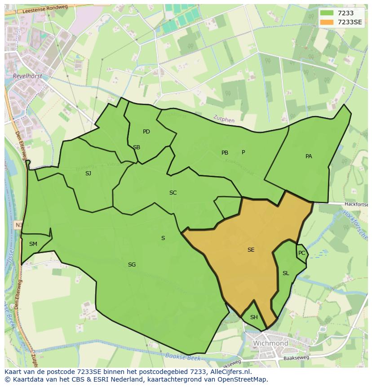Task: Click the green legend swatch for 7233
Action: (327, 13)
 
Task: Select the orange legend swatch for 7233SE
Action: (327, 22)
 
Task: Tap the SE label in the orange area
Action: (251, 250)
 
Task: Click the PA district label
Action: (309, 156)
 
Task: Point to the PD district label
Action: (146, 132)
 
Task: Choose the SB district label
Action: (137, 147)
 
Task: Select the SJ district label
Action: (88, 173)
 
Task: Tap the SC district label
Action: (173, 193)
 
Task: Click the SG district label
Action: (132, 265)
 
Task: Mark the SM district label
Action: (33, 244)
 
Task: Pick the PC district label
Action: (301, 253)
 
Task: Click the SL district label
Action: (286, 273)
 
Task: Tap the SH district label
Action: (254, 317)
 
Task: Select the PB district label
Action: (225, 153)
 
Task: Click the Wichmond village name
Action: (270, 343)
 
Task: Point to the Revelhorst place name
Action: (28, 76)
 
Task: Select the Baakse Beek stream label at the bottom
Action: (182, 357)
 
